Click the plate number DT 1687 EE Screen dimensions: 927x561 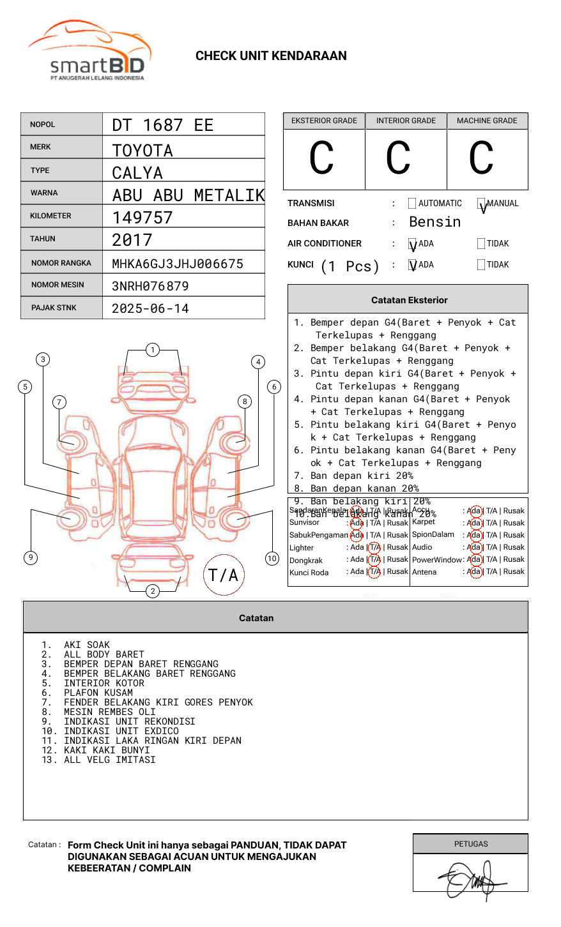click(162, 125)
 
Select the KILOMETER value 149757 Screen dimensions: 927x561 click(142, 218)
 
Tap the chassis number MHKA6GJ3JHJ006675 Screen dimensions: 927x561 click(177, 264)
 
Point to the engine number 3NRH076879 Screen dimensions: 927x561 click(150, 286)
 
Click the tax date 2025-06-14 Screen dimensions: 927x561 click(150, 309)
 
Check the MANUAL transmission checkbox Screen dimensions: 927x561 click(481, 204)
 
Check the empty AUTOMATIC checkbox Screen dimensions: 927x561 click(412, 204)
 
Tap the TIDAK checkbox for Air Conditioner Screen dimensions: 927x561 click(481, 244)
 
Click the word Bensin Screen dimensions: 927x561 click(434, 222)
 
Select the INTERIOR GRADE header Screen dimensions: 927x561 click(406, 121)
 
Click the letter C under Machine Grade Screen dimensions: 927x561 click(481, 158)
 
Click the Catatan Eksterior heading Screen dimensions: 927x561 click(409, 300)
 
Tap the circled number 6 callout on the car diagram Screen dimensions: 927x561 click(274, 387)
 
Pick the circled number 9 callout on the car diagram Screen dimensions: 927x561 click(31, 557)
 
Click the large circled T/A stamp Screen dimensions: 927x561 click(224, 575)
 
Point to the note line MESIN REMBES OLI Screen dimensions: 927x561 click(109, 712)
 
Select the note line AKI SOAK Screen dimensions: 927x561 click(86, 645)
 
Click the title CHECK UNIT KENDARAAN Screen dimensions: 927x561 click(271, 56)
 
